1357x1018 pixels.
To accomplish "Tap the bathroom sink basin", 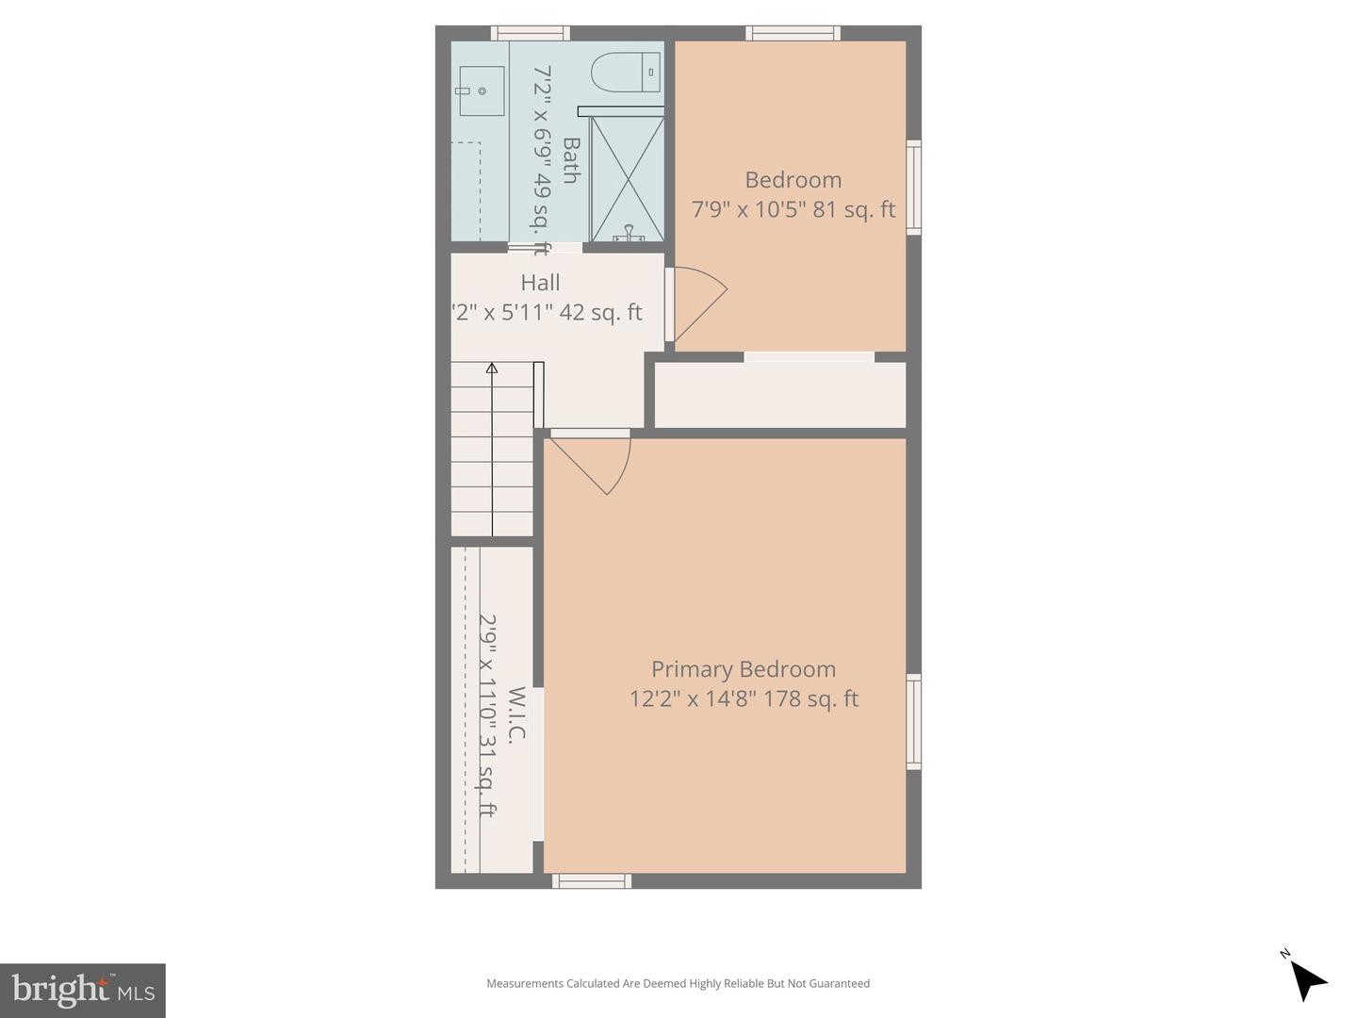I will (482, 91).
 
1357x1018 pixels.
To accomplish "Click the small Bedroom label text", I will (793, 180).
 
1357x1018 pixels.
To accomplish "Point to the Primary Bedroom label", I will (744, 669).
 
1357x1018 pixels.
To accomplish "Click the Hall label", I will (540, 283).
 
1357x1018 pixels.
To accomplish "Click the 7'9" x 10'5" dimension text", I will (747, 209).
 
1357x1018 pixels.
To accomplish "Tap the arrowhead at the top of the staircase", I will (492, 369).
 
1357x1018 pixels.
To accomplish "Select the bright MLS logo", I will (83, 990).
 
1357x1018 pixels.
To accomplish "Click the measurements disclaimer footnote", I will (678, 983).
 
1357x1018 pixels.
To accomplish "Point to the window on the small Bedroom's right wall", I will (913, 187).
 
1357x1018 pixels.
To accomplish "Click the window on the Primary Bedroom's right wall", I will (913, 721).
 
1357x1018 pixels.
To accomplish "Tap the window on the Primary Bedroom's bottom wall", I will (592, 881).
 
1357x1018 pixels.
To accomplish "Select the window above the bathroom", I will (531, 33).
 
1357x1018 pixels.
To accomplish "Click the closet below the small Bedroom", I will (780, 395).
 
